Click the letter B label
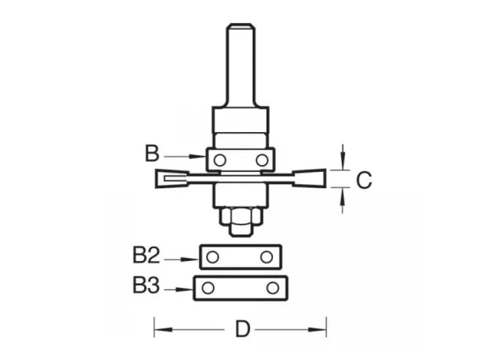pyautogui.click(x=151, y=154)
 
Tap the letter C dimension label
pyautogui.click(x=362, y=180)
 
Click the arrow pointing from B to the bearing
pyautogui.click(x=184, y=156)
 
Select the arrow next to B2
pyautogui.click(x=180, y=259)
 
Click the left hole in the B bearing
pyautogui.click(x=220, y=160)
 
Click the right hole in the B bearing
pyautogui.click(x=261, y=160)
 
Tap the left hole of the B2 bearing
pyautogui.click(x=214, y=257)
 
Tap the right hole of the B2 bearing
pyautogui.click(x=266, y=257)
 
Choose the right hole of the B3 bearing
pyautogui.click(x=271, y=288)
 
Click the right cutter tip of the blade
pyautogui.click(x=316, y=178)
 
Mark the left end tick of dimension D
pyautogui.click(x=155, y=328)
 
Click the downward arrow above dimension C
pyautogui.click(x=343, y=157)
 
